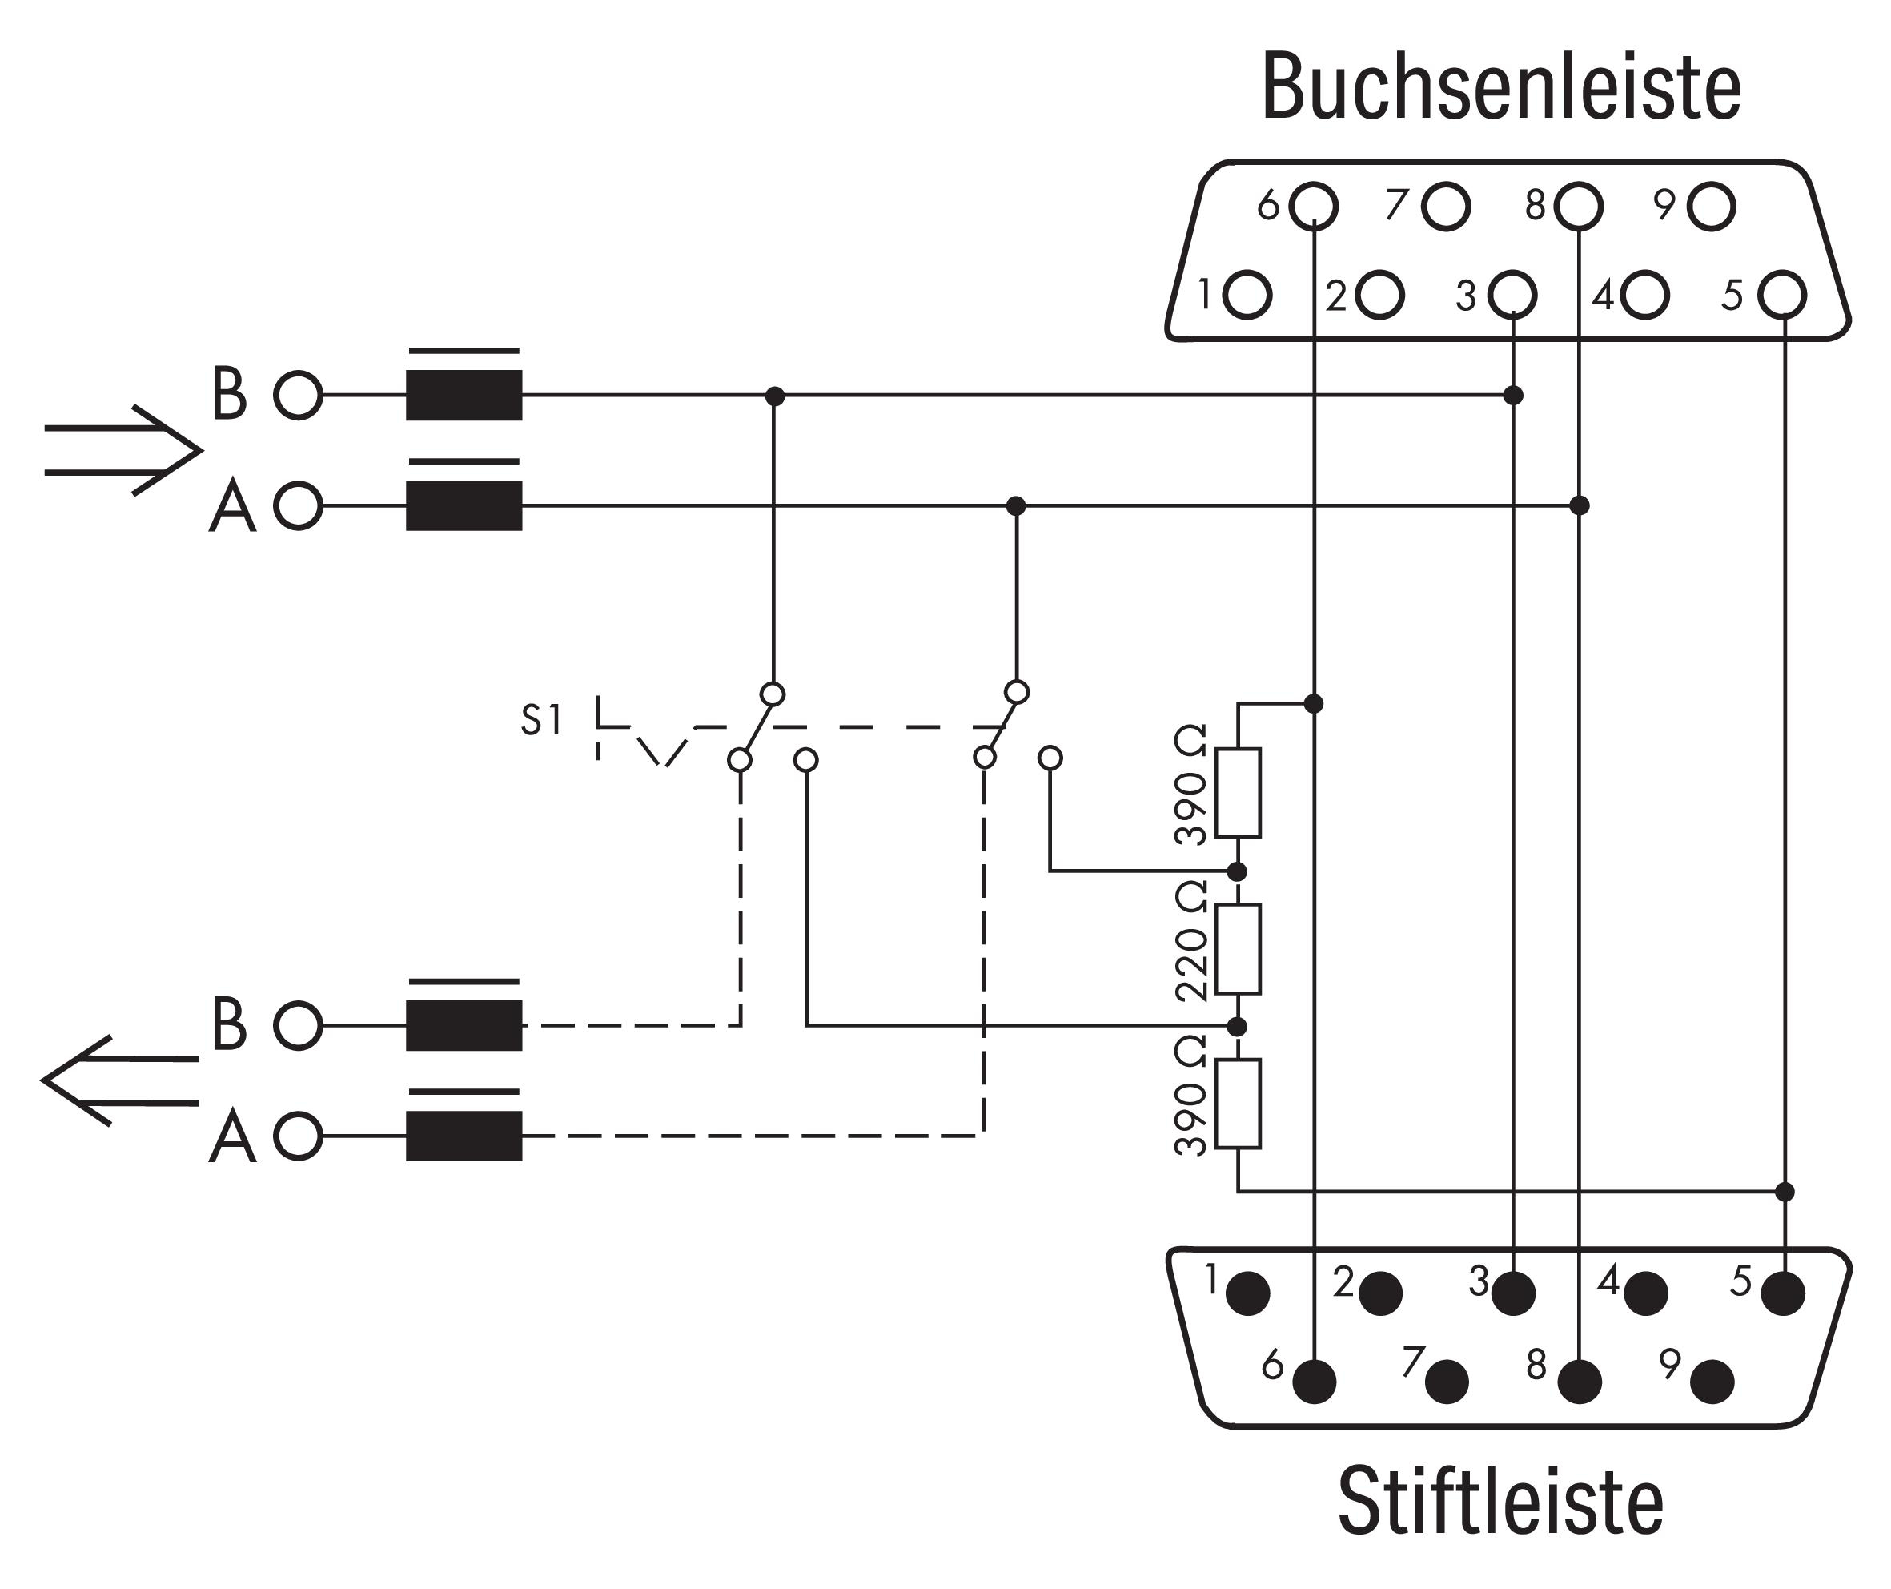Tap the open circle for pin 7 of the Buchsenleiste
1445,207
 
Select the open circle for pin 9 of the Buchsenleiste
1711,207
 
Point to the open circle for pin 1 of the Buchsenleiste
1247,295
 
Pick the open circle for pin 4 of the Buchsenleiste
1644,295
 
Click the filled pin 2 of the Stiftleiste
1379,1293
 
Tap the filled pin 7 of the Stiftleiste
1445,1382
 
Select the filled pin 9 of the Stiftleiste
1711,1382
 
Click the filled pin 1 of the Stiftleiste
1247,1293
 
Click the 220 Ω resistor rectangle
1239,948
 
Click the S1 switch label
541,721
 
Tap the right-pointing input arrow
123,450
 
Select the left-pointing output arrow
120,1081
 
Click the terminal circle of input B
298,396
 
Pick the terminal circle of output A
298,1136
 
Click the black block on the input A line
464,505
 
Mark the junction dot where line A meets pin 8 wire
1579,505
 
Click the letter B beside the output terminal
229,1024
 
